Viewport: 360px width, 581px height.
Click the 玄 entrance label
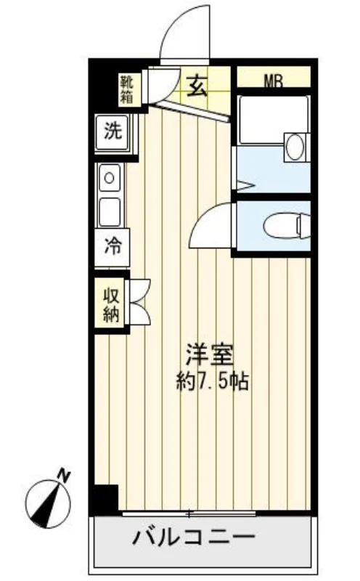pos(196,86)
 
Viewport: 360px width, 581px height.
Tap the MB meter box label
pos(274,81)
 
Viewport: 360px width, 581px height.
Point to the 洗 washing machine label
pos(113,131)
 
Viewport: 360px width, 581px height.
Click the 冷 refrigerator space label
pos(112,245)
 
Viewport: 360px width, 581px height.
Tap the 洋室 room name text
pos(210,355)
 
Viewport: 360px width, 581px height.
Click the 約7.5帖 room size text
pos(212,382)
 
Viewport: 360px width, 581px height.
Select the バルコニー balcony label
pos(194,537)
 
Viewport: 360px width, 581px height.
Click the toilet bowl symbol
pos(287,225)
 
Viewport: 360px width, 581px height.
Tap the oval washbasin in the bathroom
pos(295,147)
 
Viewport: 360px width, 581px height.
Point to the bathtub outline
pos(274,120)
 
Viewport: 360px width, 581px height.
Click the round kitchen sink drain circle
pos(110,178)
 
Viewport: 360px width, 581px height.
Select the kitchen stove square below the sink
pos(110,212)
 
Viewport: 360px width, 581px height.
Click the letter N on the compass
pos(64,475)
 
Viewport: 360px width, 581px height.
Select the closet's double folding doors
pos(138,302)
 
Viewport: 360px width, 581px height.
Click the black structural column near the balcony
pos(106,499)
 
